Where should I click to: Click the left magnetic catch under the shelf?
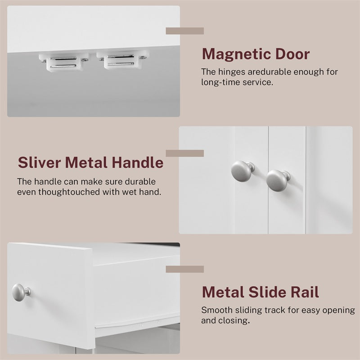pyautogui.click(x=64, y=62)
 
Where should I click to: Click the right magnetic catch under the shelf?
pyautogui.click(x=123, y=60)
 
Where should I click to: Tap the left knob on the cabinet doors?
pyautogui.click(x=243, y=171)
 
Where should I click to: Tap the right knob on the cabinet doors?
pyautogui.click(x=278, y=180)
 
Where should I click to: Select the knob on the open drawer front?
pyautogui.click(x=21, y=292)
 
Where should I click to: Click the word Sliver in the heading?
pyautogui.click(x=39, y=162)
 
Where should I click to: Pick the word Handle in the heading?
pyautogui.click(x=138, y=162)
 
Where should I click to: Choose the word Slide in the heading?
pyautogui.click(x=266, y=292)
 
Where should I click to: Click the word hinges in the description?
pyautogui.click(x=232, y=72)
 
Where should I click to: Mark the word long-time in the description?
pyautogui.click(x=220, y=82)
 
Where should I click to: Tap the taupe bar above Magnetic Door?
pyautogui.click(x=185, y=31)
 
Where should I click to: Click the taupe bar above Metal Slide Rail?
pyautogui.click(x=185, y=269)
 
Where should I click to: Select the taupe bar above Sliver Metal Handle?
pyautogui.click(x=185, y=153)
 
